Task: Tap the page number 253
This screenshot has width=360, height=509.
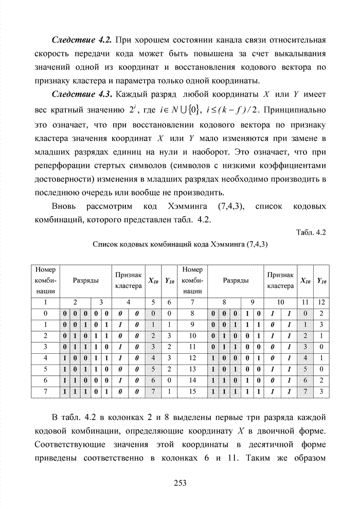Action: click(179, 482)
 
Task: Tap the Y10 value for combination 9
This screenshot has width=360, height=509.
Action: click(321, 324)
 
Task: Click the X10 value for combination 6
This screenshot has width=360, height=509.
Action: click(153, 379)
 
